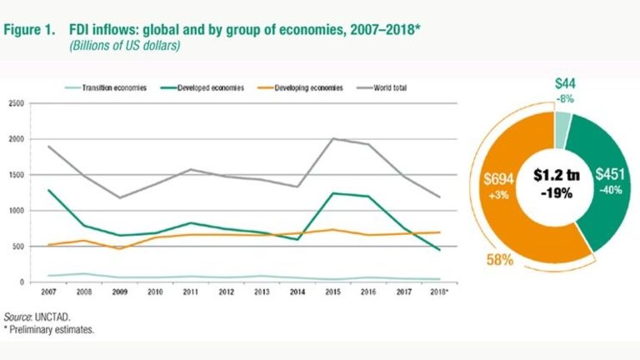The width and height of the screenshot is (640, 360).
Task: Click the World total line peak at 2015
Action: coord(334,139)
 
